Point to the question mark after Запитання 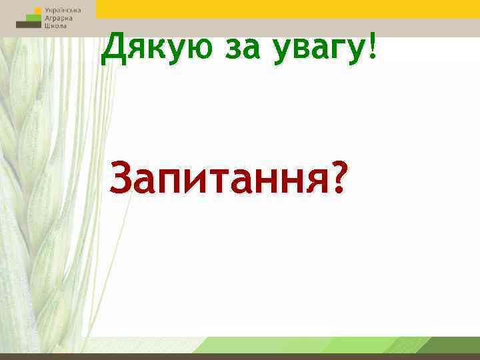(x=339, y=178)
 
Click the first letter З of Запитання (x=124, y=179)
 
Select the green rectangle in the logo (x=29, y=17)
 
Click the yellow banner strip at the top (x=287, y=9)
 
